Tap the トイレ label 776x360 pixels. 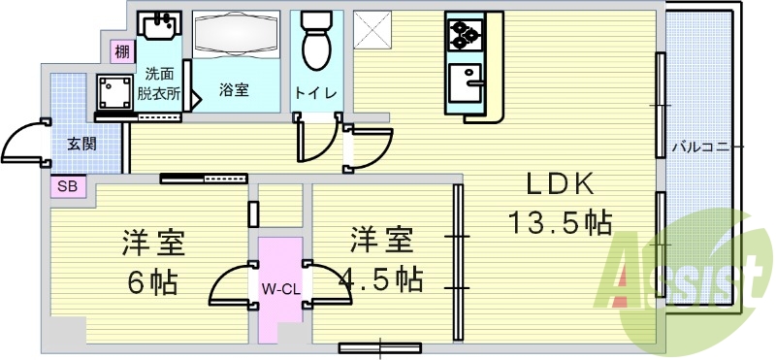(x=315, y=93)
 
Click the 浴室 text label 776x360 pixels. (x=234, y=90)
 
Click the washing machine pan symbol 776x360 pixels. (x=115, y=93)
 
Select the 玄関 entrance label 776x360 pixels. (x=81, y=144)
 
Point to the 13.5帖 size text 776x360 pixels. (x=561, y=224)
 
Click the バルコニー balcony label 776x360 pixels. (x=708, y=147)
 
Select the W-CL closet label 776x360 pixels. (x=279, y=288)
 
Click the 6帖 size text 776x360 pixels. (x=153, y=282)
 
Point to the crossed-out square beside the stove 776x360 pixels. (x=370, y=29)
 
